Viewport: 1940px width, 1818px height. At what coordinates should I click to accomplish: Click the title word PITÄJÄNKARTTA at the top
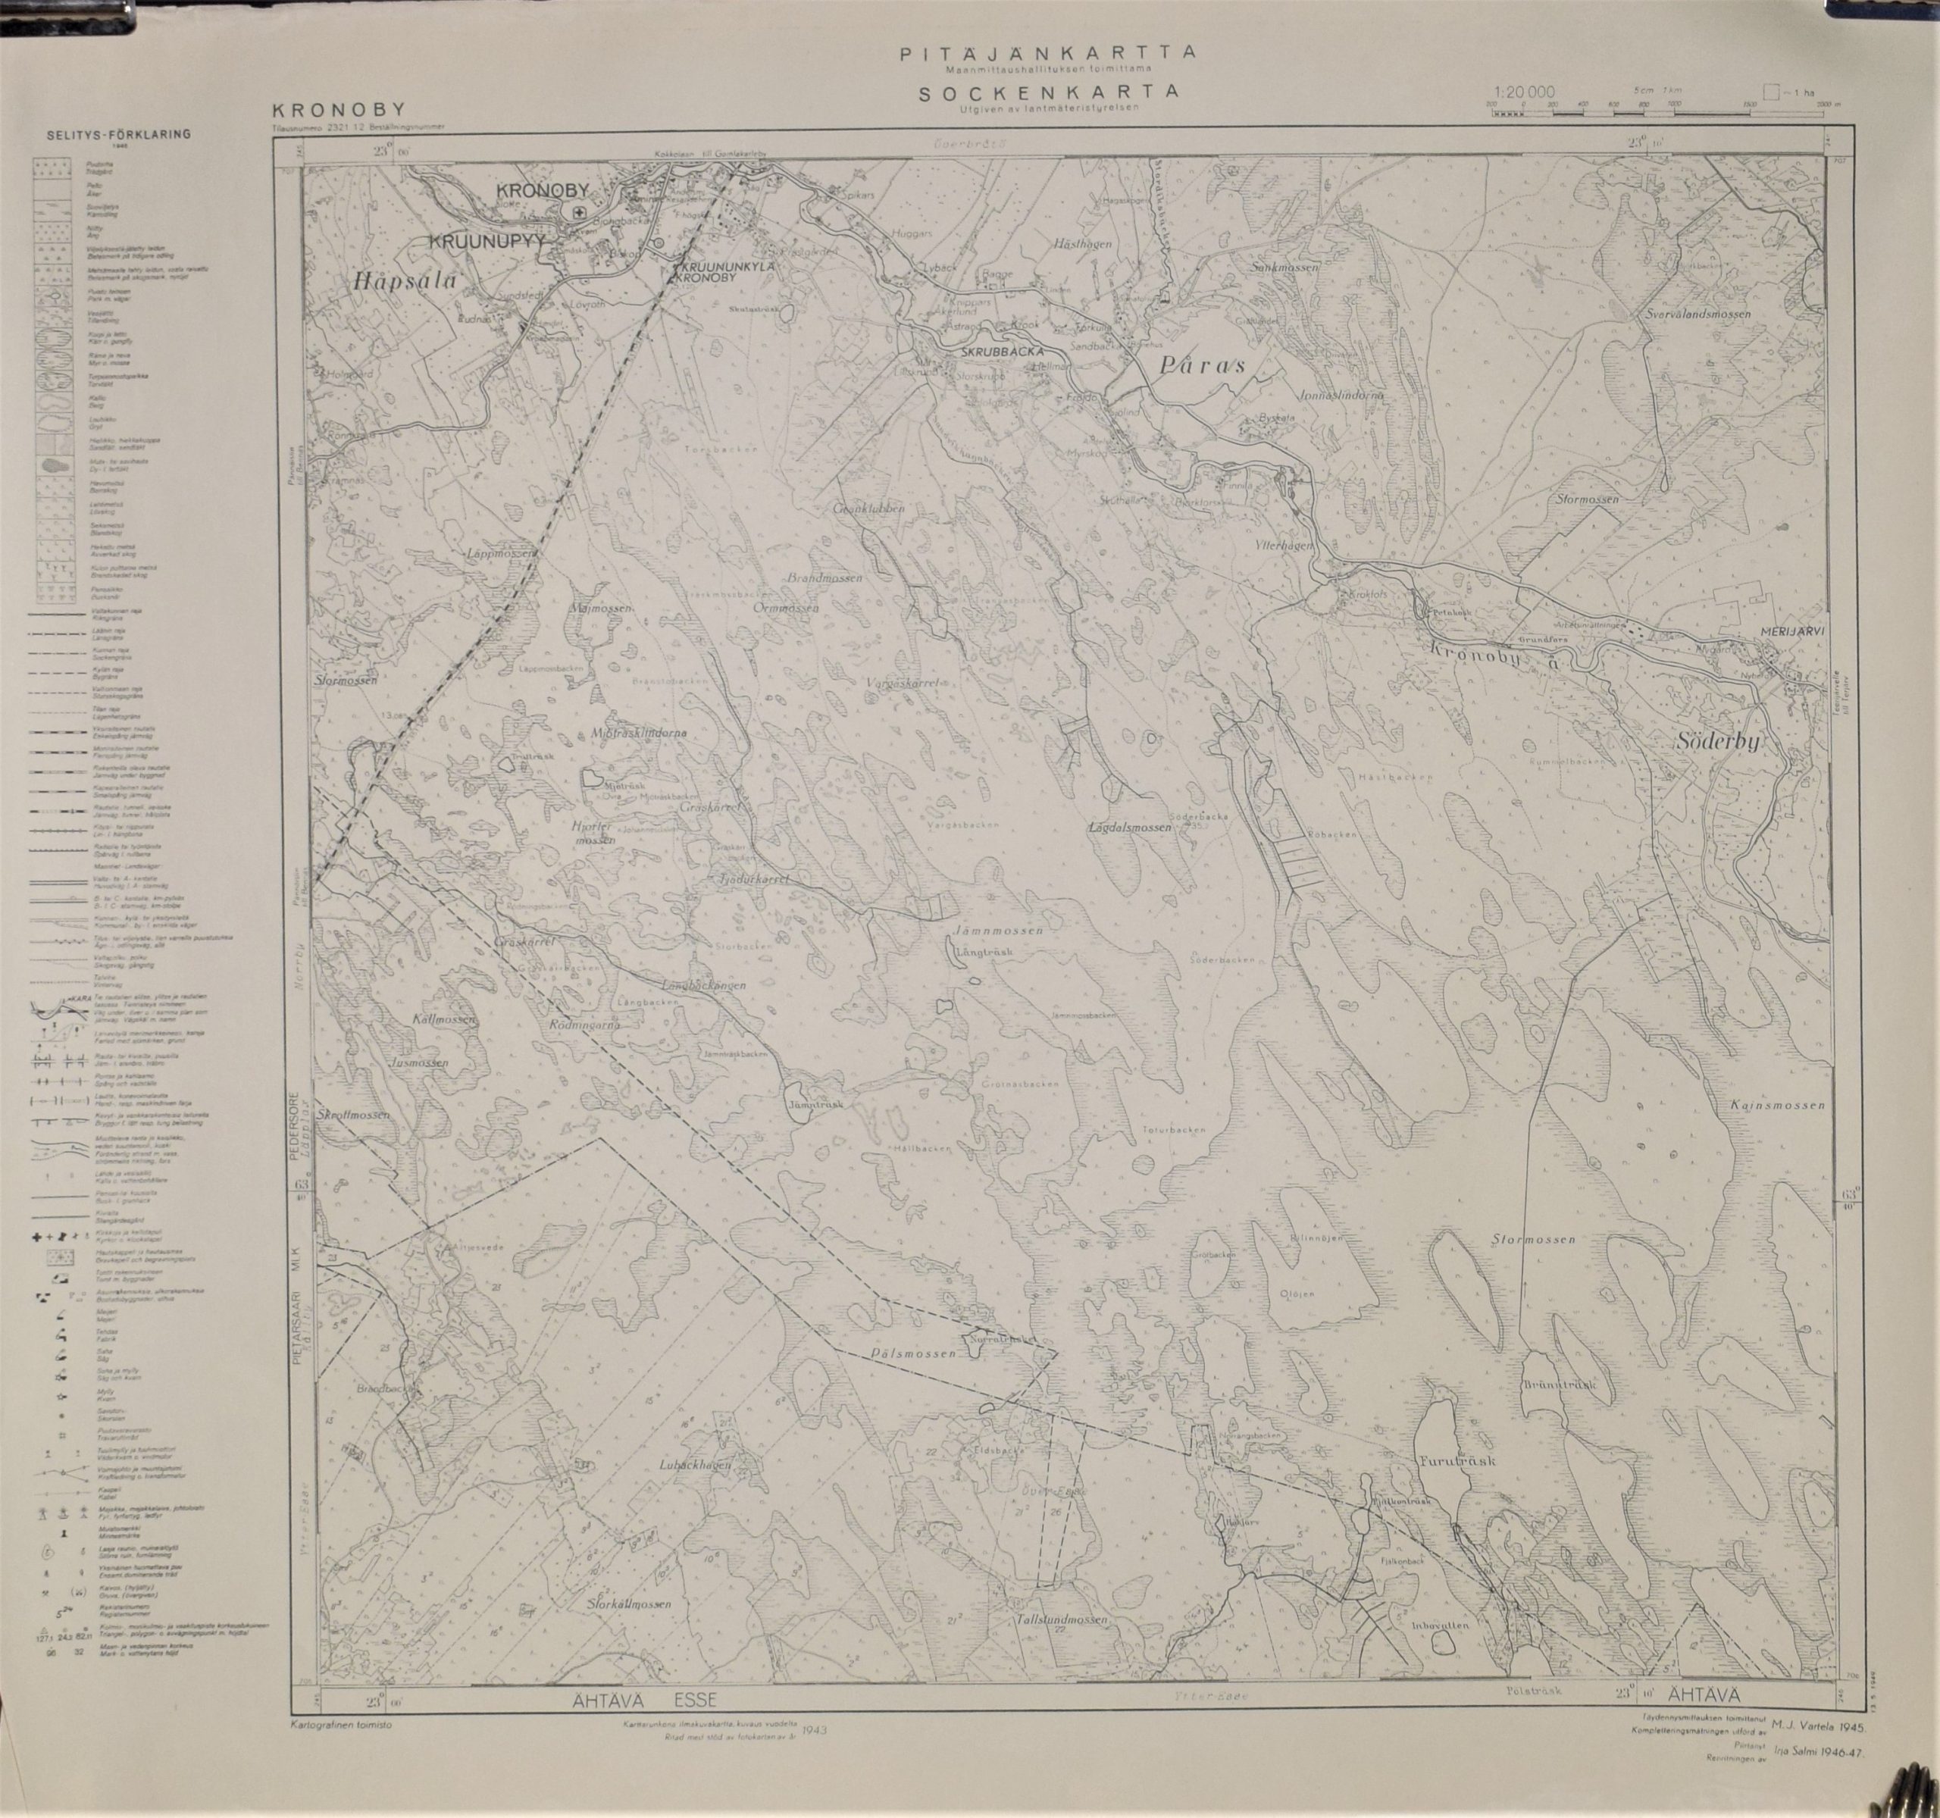coord(1047,55)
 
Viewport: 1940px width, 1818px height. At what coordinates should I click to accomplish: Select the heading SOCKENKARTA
coord(1047,92)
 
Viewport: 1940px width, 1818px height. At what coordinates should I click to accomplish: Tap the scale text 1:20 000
coord(1523,92)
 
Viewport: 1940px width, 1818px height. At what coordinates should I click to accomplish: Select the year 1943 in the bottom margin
coord(812,1757)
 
